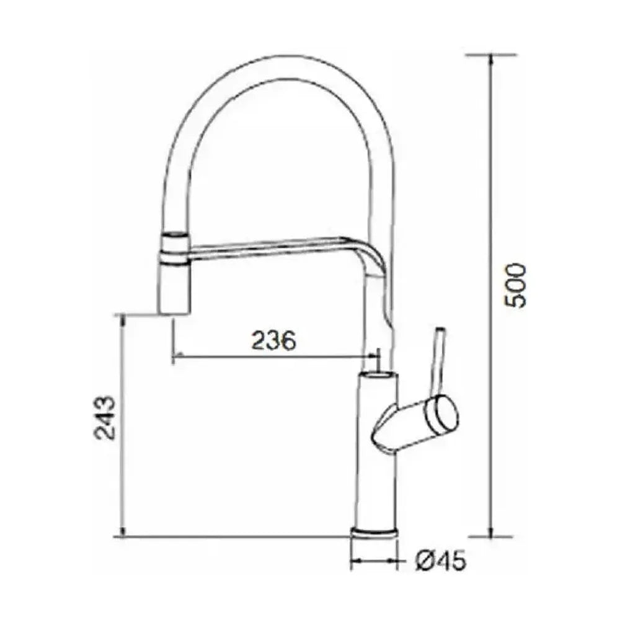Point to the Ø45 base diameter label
[440, 560]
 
